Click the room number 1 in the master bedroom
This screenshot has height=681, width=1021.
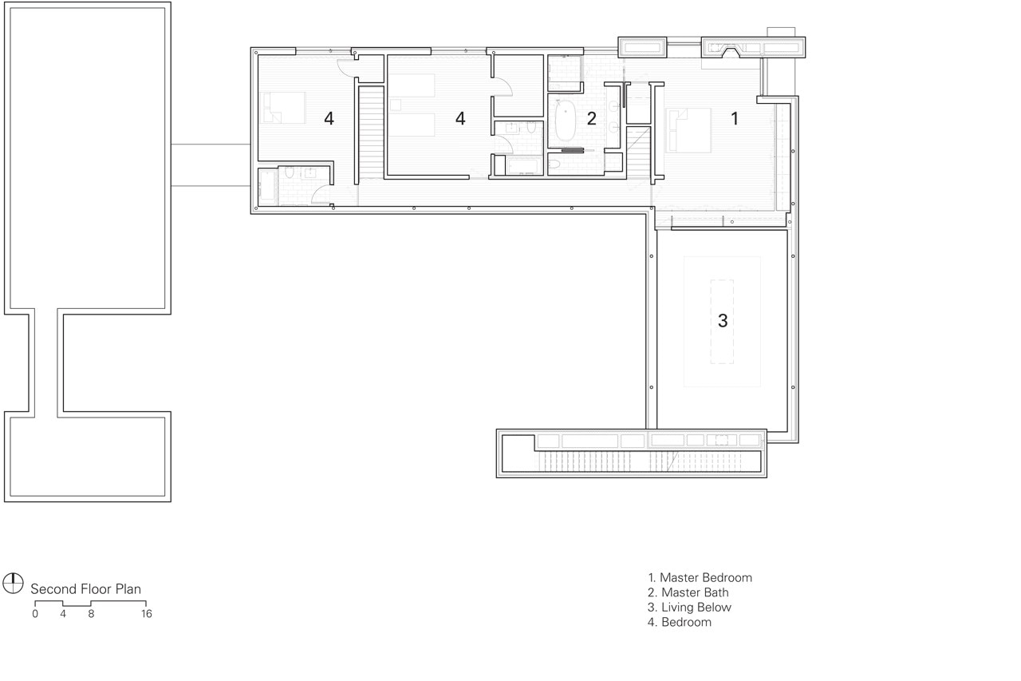(x=735, y=119)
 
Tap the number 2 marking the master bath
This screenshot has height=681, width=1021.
(x=591, y=119)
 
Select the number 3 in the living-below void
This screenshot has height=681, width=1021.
(x=723, y=321)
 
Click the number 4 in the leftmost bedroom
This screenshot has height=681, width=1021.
(x=329, y=119)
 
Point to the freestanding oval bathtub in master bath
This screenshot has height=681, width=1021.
(x=566, y=121)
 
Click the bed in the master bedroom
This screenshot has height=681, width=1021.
(x=688, y=130)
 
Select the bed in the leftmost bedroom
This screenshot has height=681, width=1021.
(x=282, y=108)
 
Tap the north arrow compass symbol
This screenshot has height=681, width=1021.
(x=13, y=584)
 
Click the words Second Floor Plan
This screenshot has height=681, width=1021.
(x=85, y=589)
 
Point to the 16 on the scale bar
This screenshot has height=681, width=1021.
(x=146, y=614)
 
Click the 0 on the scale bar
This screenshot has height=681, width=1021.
(x=35, y=614)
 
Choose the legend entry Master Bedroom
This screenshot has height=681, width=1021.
(x=700, y=578)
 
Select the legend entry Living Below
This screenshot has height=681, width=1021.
(x=690, y=608)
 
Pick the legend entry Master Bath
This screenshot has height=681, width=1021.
(x=688, y=592)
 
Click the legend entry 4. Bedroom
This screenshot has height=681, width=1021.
(x=680, y=622)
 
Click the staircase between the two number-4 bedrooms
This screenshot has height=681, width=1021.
(x=372, y=133)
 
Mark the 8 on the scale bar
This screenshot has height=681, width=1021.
(x=91, y=614)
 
